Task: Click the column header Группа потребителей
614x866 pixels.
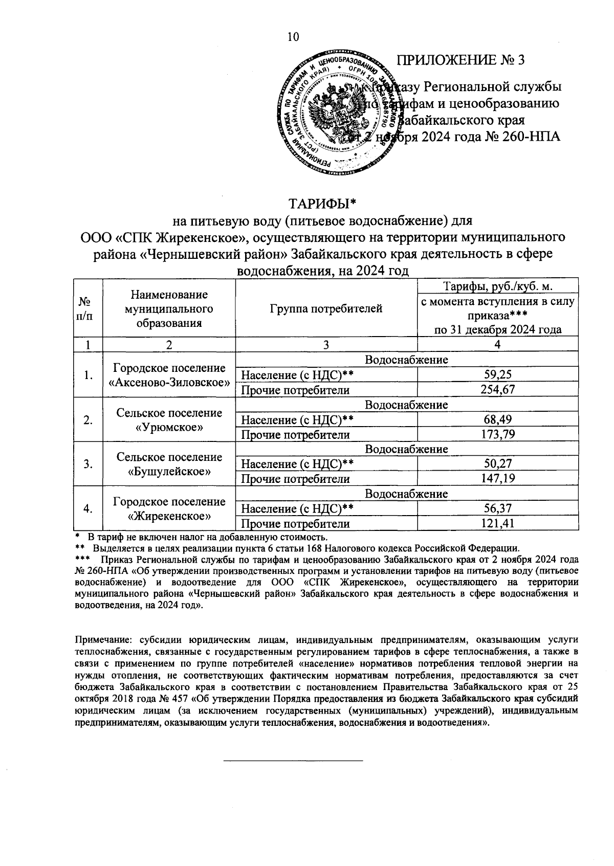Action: tap(326, 308)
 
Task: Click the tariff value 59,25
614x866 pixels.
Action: tap(497, 375)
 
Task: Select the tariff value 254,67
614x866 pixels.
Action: tap(497, 390)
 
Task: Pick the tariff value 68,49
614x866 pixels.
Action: tap(497, 419)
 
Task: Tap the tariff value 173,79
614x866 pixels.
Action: tap(497, 435)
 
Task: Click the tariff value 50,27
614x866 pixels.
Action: tap(497, 464)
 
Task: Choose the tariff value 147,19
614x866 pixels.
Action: tap(497, 479)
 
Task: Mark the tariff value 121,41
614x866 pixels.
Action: tap(497, 523)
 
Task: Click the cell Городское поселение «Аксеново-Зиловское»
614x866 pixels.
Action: tap(169, 375)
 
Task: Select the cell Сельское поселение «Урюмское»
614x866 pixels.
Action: tap(169, 419)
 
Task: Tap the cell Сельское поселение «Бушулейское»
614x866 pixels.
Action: tap(169, 464)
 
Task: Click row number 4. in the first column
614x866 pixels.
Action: tap(88, 508)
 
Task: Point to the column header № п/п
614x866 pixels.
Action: tap(88, 308)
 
